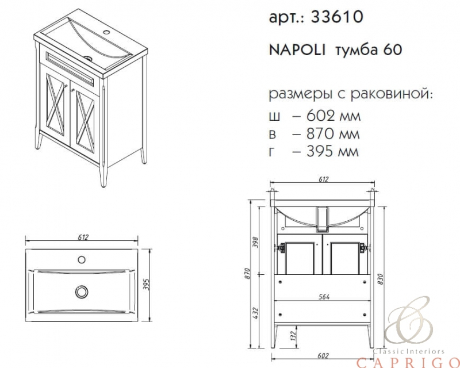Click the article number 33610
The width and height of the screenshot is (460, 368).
337,17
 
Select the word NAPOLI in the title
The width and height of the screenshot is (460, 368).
297,50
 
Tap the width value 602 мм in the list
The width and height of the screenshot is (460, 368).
333,116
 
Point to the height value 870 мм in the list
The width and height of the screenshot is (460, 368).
333,134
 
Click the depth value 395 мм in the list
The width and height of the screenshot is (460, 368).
332,151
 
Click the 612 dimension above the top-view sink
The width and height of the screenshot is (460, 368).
83,237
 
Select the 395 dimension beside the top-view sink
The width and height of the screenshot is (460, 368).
147,284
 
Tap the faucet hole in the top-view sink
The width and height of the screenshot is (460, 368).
82,259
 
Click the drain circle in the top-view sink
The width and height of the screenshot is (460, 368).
82,292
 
